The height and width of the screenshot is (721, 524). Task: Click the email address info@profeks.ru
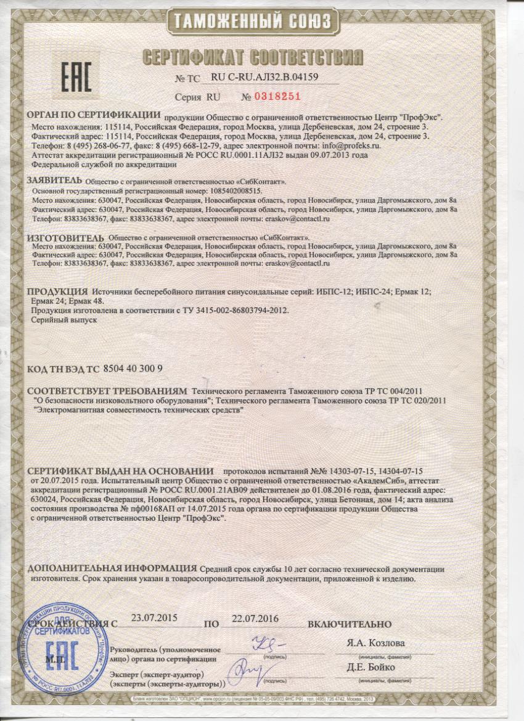click(x=347, y=146)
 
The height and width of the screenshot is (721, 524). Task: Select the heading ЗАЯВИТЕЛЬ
click(x=54, y=180)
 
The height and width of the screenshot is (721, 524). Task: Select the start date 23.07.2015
click(x=155, y=617)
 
